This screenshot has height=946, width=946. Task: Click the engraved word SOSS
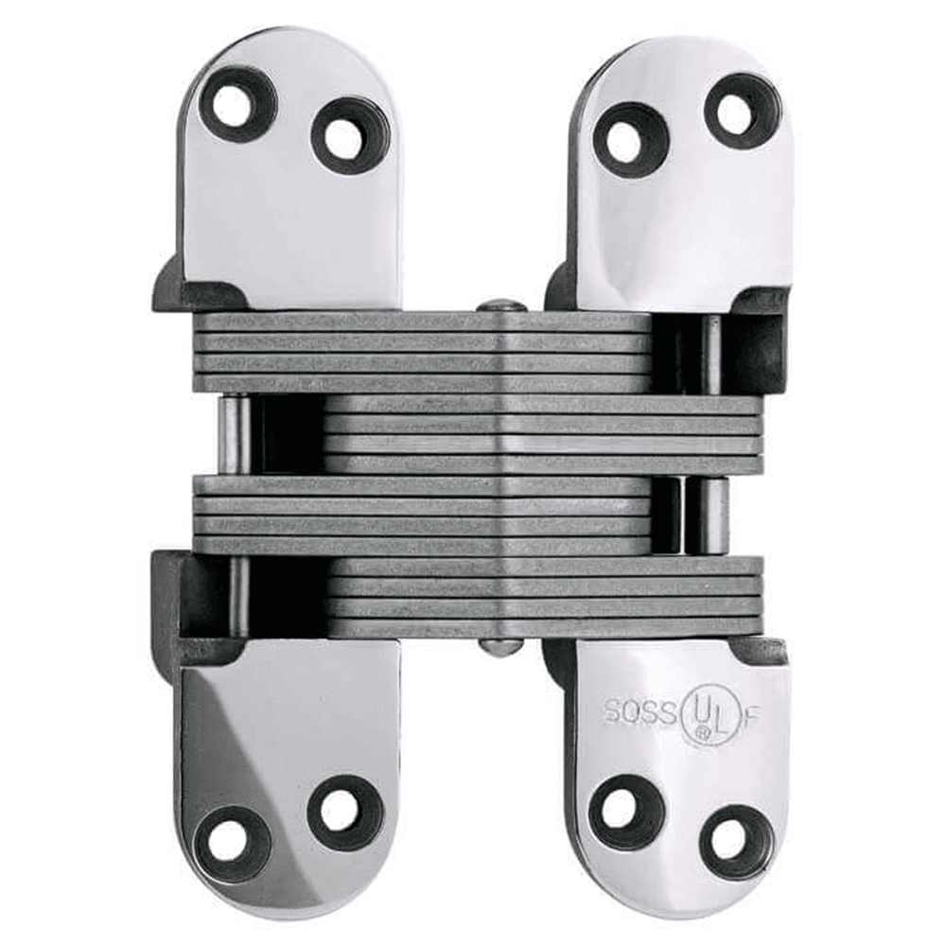[638, 709]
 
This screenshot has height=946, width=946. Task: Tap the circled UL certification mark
[703, 711]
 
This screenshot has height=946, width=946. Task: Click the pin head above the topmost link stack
[501, 306]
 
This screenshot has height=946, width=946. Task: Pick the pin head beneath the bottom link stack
[501, 646]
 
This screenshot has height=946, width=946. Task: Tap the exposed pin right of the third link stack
[711, 514]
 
